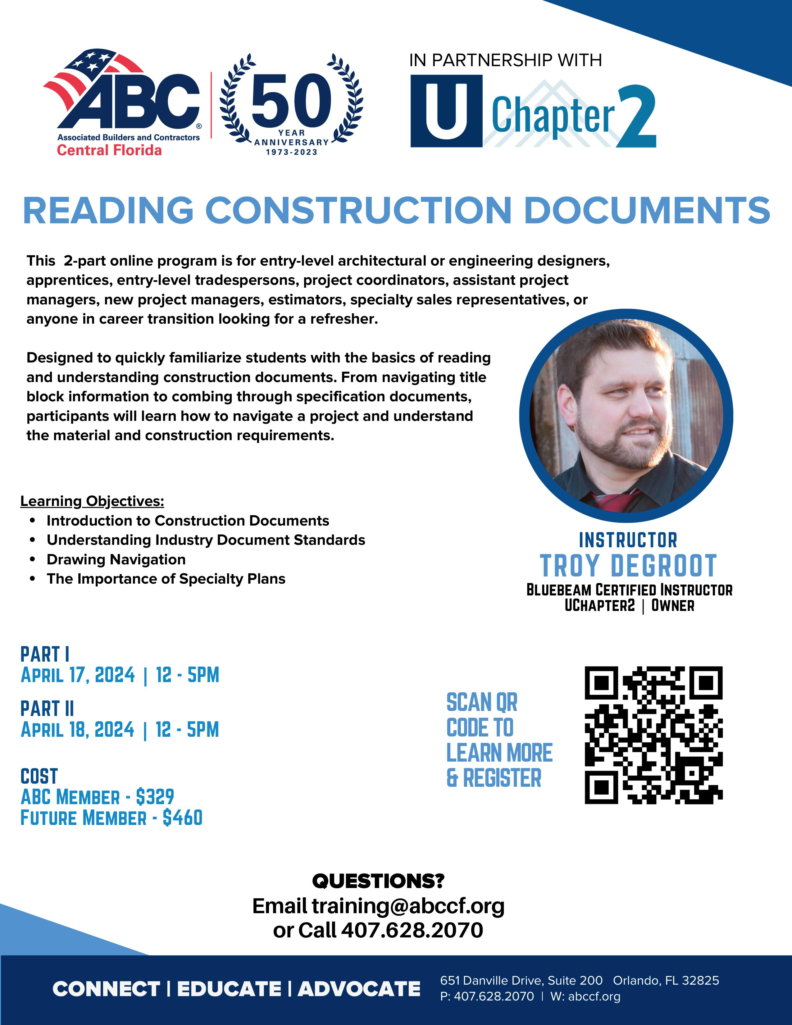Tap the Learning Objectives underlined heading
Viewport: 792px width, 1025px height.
point(92,501)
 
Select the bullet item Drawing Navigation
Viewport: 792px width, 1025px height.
point(116,559)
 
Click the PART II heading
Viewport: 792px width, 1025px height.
point(47,709)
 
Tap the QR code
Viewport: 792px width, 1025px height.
point(653,735)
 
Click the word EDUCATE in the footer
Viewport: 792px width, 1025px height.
point(229,989)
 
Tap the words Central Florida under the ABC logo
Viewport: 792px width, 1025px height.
point(109,150)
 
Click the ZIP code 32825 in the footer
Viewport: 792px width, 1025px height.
point(700,980)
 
